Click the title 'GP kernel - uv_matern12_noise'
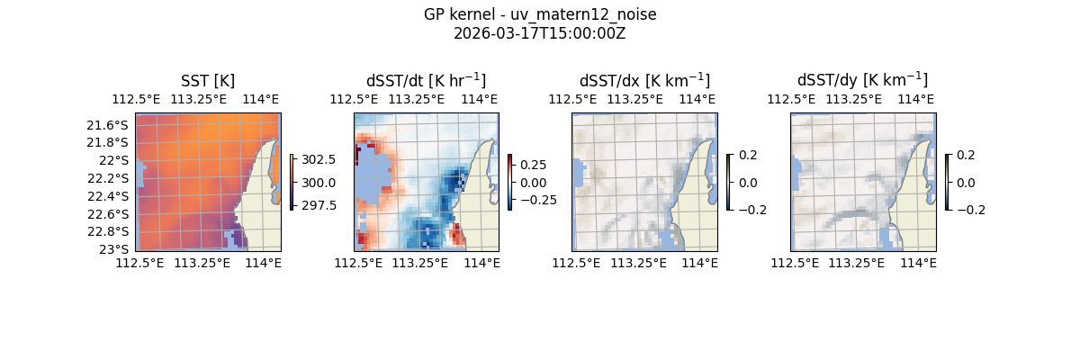click(x=540, y=14)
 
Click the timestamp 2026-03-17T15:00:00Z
click(x=540, y=33)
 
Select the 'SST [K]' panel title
click(x=208, y=81)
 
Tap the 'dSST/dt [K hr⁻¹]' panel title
click(x=426, y=81)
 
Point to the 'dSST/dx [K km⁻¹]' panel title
click(x=644, y=81)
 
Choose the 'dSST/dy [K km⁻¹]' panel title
click(x=862, y=81)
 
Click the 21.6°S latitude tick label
click(x=112, y=124)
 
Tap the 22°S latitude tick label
click(x=118, y=160)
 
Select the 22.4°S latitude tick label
click(x=112, y=196)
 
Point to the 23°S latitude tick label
click(x=118, y=249)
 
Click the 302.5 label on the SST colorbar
click(x=319, y=159)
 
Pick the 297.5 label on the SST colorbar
click(x=319, y=205)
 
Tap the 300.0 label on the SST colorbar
click(x=319, y=183)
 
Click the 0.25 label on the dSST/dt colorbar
click(x=533, y=166)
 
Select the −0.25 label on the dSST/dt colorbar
click(x=537, y=200)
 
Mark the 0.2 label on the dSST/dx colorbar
click(x=749, y=155)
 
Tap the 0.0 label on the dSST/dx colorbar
click(x=749, y=183)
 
